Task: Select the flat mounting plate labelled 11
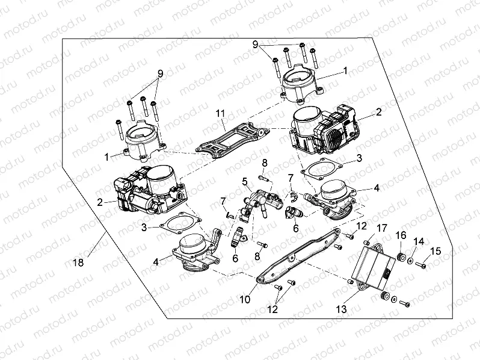232,140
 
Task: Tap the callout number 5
244,180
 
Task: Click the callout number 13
341,309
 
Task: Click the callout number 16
401,234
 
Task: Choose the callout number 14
420,241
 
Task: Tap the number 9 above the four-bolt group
255,45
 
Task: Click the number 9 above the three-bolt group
160,73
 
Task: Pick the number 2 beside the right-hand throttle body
379,112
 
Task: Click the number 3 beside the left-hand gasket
144,228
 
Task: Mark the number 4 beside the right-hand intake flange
376,188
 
